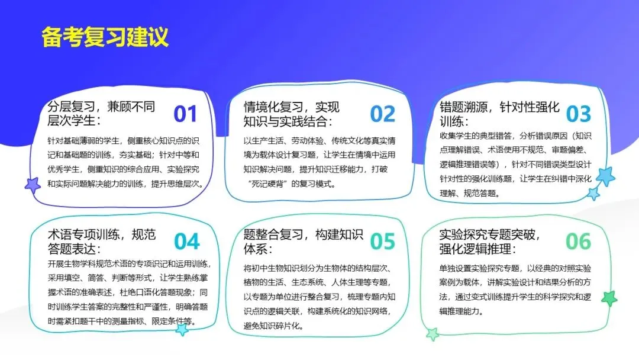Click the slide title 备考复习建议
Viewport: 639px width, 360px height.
[105, 36]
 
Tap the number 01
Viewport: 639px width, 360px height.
[185, 114]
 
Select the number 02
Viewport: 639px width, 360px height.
[382, 114]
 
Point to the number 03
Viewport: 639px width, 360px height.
[578, 114]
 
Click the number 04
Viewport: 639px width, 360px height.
[187, 242]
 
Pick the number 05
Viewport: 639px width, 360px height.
[382, 242]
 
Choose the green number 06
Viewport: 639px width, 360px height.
[578, 241]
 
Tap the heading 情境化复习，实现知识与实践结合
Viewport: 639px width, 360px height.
[292, 114]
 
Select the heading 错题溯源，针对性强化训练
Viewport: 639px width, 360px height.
[499, 114]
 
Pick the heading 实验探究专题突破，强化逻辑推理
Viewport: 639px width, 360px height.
[490, 241]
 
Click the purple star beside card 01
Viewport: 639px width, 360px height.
[33, 185]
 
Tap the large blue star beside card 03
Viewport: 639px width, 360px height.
[605, 176]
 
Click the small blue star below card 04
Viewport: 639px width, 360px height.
[182, 329]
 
